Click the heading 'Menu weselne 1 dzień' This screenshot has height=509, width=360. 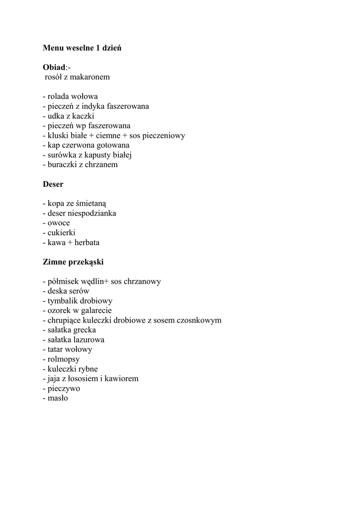pos(82,48)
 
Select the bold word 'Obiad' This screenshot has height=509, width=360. pos(54,68)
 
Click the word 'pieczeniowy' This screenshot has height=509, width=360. pos(164,136)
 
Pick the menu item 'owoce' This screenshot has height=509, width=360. pos(59,223)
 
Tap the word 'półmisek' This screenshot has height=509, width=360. pos(63,281)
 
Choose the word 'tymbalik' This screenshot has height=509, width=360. pos(63,301)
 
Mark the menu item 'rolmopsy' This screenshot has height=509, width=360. pos(64,359)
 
